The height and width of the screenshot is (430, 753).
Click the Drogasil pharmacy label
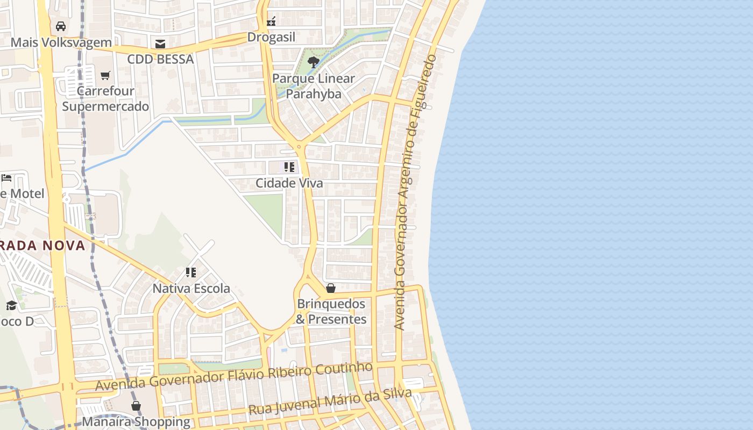click(271, 37)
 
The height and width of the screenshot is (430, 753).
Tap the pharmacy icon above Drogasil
click(271, 21)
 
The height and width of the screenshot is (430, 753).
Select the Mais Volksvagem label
click(61, 42)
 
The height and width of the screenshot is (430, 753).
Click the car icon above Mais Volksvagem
click(61, 26)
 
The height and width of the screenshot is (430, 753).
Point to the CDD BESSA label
click(160, 59)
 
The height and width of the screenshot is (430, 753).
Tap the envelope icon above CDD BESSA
click(160, 44)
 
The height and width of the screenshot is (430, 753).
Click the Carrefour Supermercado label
click(105, 98)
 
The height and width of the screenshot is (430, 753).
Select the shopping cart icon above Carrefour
click(105, 75)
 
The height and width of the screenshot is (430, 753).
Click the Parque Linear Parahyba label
click(314, 86)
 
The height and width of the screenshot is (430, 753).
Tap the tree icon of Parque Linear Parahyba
click(314, 63)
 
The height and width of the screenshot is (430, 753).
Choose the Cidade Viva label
click(289, 183)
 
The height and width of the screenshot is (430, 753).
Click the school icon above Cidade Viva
click(289, 167)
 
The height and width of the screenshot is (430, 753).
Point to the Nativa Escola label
click(191, 289)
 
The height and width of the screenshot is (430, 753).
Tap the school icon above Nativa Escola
click(191, 273)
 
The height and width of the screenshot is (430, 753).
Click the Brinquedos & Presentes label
click(331, 312)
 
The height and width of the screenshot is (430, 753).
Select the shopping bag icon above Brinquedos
click(331, 288)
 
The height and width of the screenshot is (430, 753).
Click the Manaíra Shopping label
click(136, 421)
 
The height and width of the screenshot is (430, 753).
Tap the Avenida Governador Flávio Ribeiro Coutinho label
click(234, 376)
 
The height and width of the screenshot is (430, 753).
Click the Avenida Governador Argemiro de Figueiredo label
click(415, 192)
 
